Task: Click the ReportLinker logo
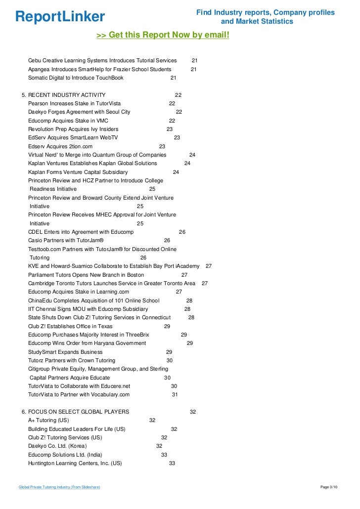point(60,17)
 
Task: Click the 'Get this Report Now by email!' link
point(163,35)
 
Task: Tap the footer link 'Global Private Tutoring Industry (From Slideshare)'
point(59,487)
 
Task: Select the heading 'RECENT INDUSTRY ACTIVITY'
point(67,95)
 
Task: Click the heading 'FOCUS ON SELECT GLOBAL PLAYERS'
point(79,412)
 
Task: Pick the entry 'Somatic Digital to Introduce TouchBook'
point(76,78)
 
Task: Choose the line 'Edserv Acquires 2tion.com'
point(60,147)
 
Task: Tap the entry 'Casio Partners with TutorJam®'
point(66,240)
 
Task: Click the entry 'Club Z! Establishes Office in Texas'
point(70,326)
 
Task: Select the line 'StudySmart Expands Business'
point(65,352)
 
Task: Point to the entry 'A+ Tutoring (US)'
point(48,420)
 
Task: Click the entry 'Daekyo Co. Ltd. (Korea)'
point(57,446)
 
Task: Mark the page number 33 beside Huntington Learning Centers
point(172,463)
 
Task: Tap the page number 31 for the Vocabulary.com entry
point(175,394)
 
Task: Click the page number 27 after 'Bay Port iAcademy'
point(209,266)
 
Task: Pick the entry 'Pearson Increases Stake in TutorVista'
point(74,104)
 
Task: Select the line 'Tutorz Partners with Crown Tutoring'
point(72,360)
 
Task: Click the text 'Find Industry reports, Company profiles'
point(265,12)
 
